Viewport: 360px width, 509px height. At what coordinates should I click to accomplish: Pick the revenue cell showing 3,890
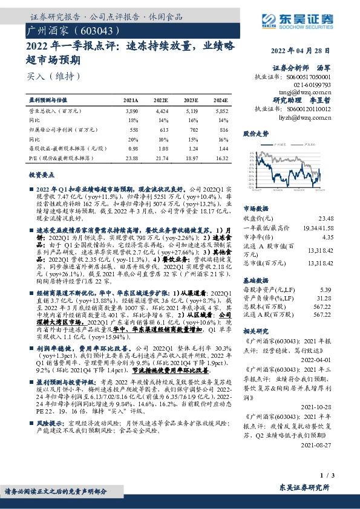click(x=131, y=112)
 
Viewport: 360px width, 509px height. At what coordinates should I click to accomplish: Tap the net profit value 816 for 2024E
click(x=223, y=130)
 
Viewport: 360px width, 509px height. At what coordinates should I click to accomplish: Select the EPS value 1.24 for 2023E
click(x=192, y=148)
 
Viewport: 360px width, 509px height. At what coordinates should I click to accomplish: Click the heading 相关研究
click(x=255, y=332)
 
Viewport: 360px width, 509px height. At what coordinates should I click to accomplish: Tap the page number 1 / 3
click(x=324, y=478)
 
